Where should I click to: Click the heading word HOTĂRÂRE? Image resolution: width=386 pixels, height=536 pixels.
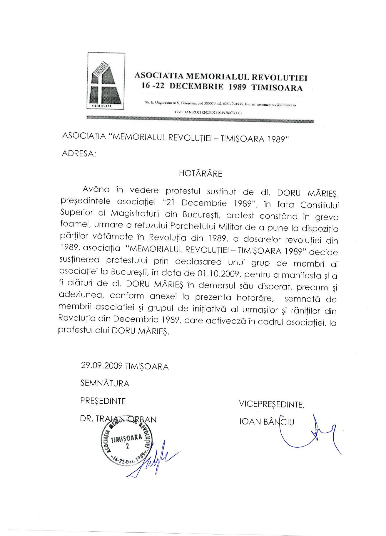tap(201, 174)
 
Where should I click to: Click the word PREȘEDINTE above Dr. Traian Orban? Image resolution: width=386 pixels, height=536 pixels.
tap(103, 401)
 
